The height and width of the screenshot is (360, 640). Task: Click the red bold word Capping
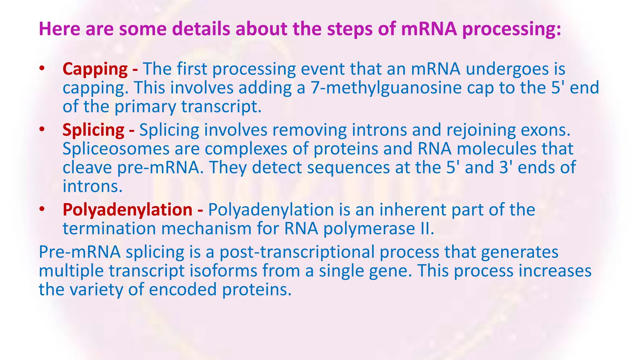[x=95, y=69]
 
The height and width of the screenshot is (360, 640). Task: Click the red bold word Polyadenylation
[x=127, y=210]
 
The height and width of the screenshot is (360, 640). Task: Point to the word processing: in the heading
[x=512, y=29]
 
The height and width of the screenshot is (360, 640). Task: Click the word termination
[x=109, y=228]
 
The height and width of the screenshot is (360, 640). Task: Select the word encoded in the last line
[x=182, y=289]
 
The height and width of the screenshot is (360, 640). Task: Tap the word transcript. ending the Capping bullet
[x=221, y=107]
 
